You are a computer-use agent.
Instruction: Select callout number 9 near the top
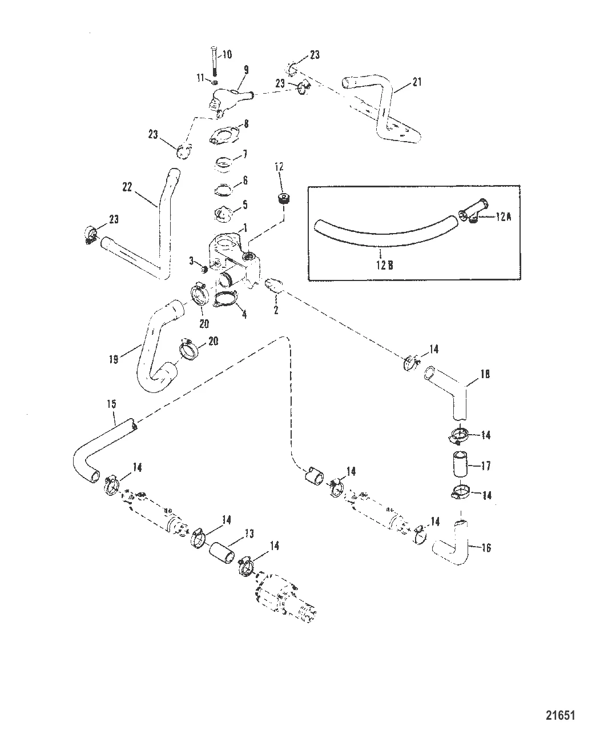coord(246,70)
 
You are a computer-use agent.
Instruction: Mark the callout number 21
coord(417,83)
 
